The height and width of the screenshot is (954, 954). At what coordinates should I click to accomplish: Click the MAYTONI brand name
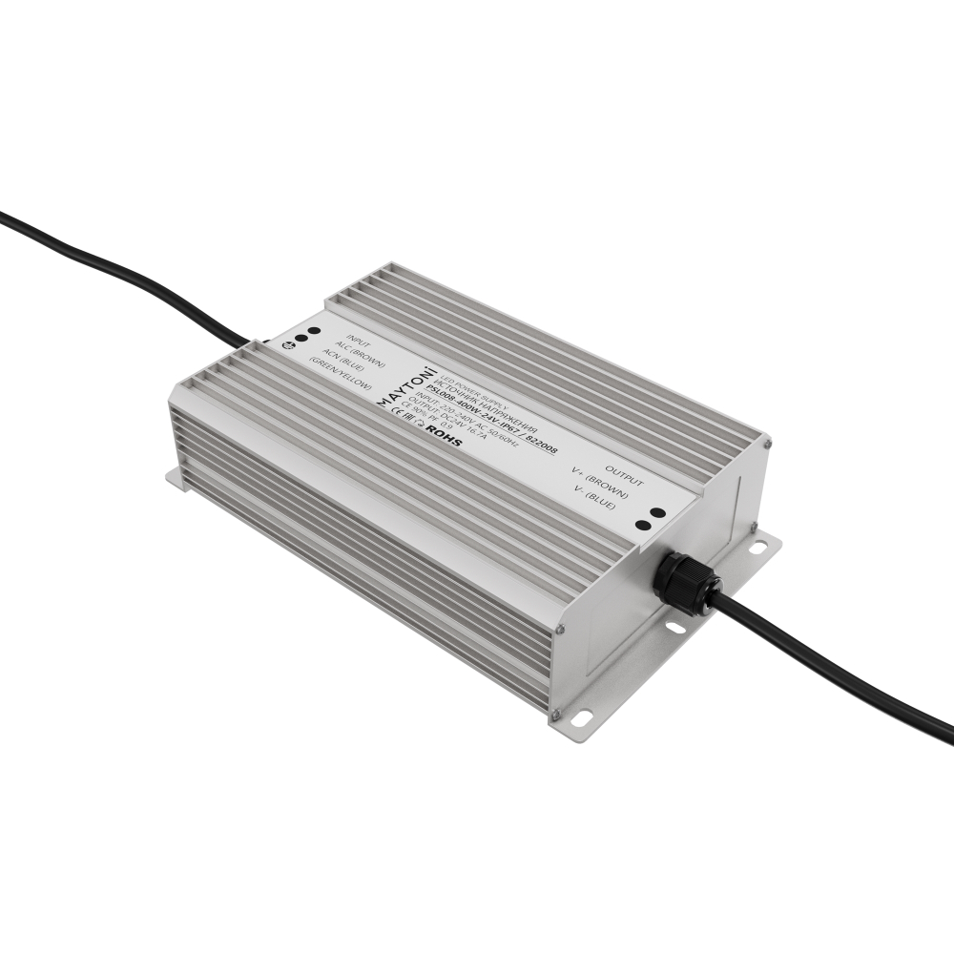click(x=406, y=386)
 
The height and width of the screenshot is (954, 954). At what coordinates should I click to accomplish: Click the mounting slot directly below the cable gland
click(x=674, y=627)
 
